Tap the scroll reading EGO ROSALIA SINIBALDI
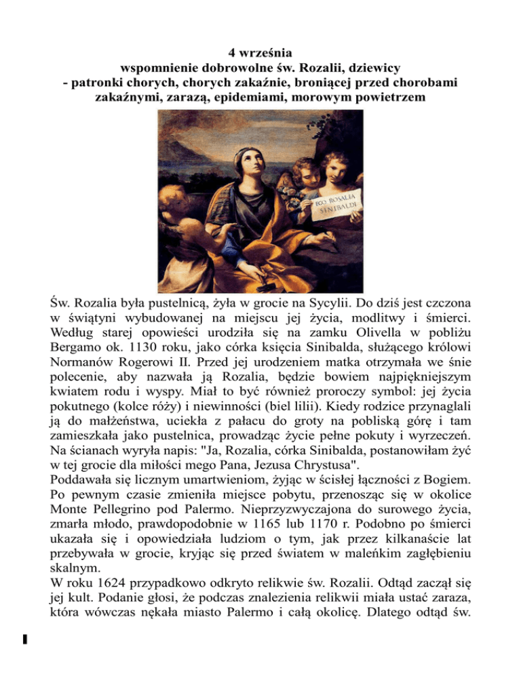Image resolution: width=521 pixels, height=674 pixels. [x=337, y=204]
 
